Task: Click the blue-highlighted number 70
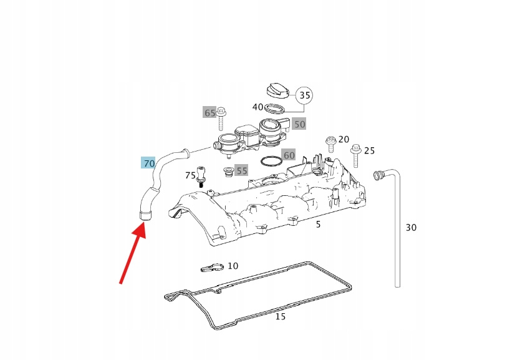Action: pyautogui.click(x=148, y=163)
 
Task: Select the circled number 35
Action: pyautogui.click(x=304, y=95)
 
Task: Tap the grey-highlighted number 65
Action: pyautogui.click(x=209, y=113)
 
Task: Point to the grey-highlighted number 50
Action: pyautogui.click(x=299, y=124)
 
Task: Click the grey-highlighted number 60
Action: pyautogui.click(x=289, y=155)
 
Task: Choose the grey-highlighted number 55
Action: pyautogui.click(x=241, y=170)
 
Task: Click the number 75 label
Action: pyautogui.click(x=190, y=175)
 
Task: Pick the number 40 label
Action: pyautogui.click(x=258, y=107)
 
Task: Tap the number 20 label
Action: pyautogui.click(x=344, y=139)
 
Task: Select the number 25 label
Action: pyautogui.click(x=369, y=150)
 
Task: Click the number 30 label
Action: pyautogui.click(x=411, y=227)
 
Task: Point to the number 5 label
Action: pyautogui.click(x=318, y=224)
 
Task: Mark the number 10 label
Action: pyautogui.click(x=233, y=266)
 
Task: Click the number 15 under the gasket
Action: pyautogui.click(x=281, y=316)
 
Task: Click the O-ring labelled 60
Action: pyautogui.click(x=271, y=162)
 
